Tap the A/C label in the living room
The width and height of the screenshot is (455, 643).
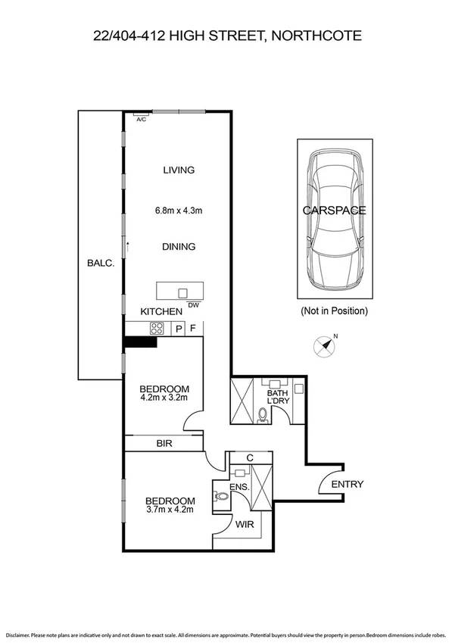(141, 120)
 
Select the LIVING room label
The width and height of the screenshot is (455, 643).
(179, 170)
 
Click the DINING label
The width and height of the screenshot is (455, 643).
(179, 247)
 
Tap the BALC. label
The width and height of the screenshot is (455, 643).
(100, 264)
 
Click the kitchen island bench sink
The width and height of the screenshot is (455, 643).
(182, 292)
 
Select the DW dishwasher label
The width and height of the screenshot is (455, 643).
(193, 305)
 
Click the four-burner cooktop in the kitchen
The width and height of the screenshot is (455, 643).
(158, 329)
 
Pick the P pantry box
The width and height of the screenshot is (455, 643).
(179, 329)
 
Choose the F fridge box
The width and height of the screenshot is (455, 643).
(194, 329)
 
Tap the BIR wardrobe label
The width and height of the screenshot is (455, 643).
(164, 444)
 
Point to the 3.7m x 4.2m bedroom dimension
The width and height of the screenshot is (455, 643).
(170, 510)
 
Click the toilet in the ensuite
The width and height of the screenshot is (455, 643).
(220, 497)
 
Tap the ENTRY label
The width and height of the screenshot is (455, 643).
(347, 485)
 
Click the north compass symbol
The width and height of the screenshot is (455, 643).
(326, 346)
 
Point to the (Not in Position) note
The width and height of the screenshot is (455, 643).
(334, 311)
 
